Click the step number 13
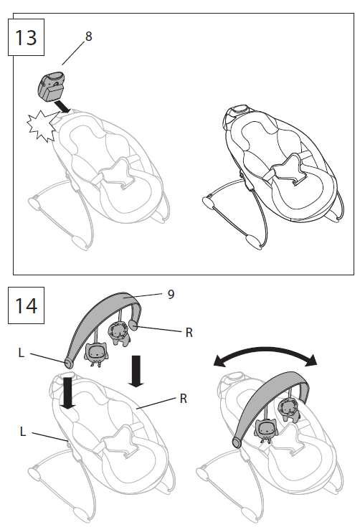pyautogui.click(x=25, y=37)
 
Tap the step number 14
pyautogui.click(x=25, y=305)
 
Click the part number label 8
pyautogui.click(x=88, y=36)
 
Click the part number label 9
pyautogui.click(x=170, y=293)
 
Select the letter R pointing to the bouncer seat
pyautogui.click(x=184, y=398)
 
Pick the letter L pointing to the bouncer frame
pyautogui.click(x=23, y=430)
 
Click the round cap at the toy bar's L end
pyautogui.click(x=68, y=364)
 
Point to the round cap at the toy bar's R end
pyautogui.click(x=134, y=326)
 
